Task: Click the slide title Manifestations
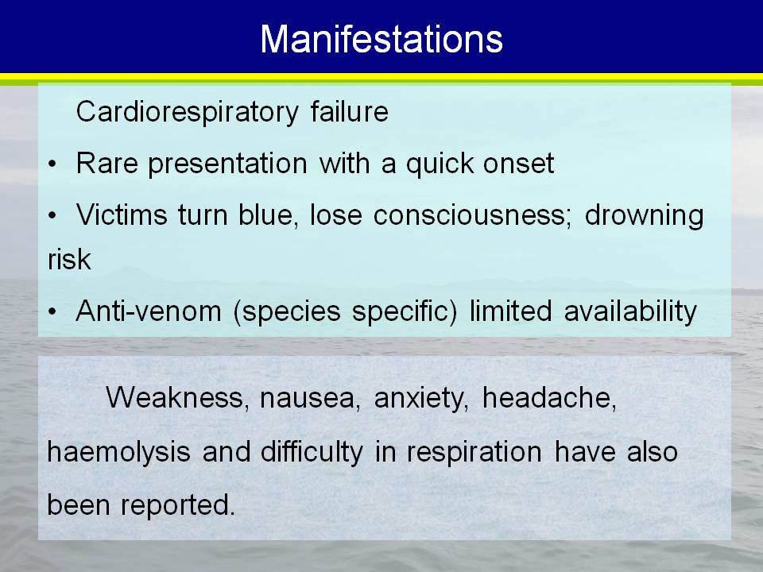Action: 381,39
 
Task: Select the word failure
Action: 350,111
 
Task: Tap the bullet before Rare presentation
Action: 52,164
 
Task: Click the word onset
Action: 519,164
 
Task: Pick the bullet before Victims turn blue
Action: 52,216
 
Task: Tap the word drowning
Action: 645,215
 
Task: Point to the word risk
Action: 69,259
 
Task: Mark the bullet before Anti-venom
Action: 52,312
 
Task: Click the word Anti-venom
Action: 149,311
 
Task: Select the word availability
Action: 630,312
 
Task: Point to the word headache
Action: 549,398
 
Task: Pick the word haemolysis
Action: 118,452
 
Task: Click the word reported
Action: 177,505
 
